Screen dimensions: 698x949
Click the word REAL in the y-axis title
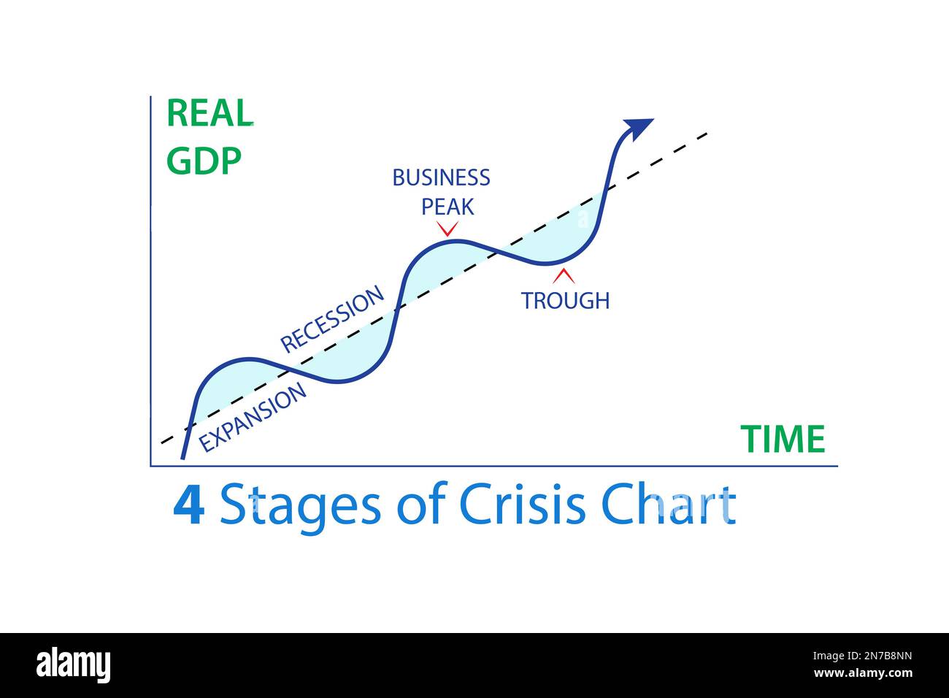pos(210,113)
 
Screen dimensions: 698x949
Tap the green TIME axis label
pos(783,440)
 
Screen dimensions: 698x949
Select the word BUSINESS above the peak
pos(441,177)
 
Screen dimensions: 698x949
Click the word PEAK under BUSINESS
pos(447,207)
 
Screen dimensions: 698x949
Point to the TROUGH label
pos(565,300)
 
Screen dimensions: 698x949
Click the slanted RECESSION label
pos(332,319)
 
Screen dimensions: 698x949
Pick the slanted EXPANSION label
pos(253,418)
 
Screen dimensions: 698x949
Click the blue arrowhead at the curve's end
pos(640,127)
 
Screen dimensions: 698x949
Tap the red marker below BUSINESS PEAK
pos(447,229)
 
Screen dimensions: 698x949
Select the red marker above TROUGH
pos(563,276)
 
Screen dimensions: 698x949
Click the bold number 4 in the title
pos(188,505)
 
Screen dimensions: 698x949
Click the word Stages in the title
pos(299,505)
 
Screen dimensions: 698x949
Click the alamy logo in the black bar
pos(73,665)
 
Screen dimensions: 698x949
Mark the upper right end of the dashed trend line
pos(707,134)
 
